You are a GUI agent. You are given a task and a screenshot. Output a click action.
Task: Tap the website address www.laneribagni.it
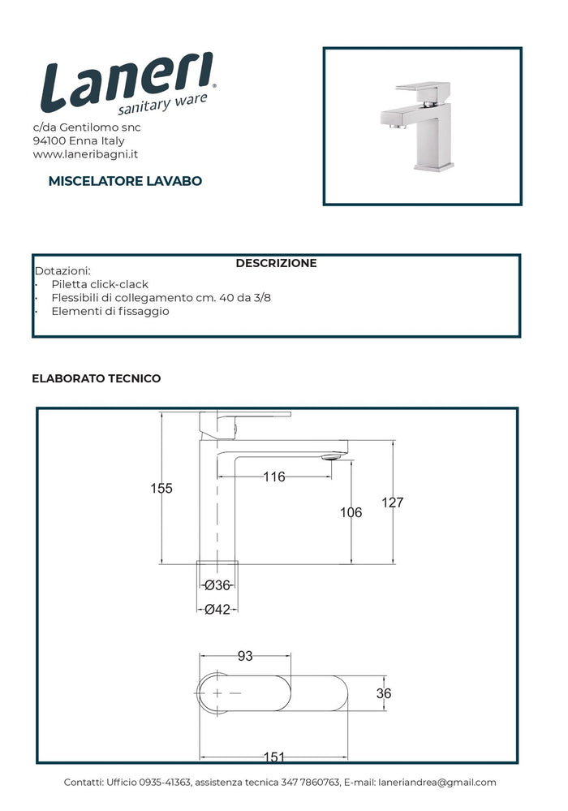(85, 154)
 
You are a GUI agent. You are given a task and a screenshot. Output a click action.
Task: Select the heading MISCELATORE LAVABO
(125, 181)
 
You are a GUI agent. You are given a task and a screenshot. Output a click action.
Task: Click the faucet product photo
(422, 125)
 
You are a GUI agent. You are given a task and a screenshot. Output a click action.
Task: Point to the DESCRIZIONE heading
(276, 263)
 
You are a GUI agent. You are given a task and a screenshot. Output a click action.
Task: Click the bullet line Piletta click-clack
(100, 284)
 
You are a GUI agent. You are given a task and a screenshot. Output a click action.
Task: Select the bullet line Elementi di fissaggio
(110, 311)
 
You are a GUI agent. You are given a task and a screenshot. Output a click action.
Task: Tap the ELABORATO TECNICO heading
(97, 378)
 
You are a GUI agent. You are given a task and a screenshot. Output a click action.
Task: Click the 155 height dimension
(161, 488)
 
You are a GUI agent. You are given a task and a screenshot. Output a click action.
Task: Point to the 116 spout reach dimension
(274, 477)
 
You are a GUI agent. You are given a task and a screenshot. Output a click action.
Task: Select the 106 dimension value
(351, 512)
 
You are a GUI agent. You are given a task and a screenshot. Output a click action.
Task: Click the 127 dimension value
(392, 503)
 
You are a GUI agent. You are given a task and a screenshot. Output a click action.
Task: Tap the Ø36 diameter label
(217, 585)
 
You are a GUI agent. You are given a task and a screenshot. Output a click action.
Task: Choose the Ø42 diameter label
(217, 610)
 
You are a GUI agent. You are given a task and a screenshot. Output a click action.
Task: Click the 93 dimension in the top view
(245, 656)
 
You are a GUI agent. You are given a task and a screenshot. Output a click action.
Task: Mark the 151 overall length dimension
(274, 757)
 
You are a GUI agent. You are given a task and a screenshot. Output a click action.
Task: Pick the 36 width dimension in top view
(384, 693)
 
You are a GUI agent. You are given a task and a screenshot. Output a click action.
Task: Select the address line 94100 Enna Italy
(79, 140)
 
